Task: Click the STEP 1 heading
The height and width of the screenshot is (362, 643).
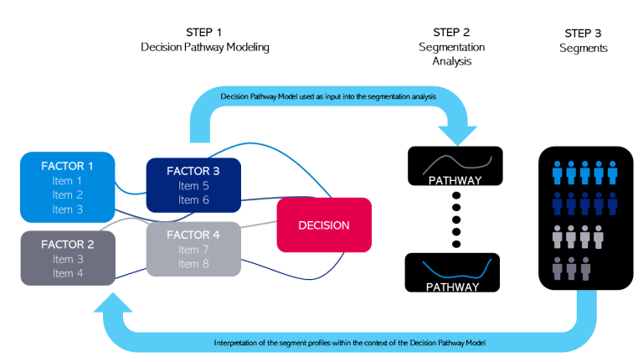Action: point(204,32)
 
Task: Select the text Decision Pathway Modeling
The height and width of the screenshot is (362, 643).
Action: point(204,48)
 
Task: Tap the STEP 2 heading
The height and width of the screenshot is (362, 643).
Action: point(453,32)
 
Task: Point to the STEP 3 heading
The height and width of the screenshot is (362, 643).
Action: point(584,33)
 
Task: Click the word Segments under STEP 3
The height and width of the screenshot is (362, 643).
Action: point(584,49)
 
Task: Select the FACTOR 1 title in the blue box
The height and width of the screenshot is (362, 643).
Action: point(67,166)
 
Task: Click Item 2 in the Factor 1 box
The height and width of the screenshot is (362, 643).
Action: point(67,194)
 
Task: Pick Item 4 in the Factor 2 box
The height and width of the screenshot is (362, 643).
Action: point(67,273)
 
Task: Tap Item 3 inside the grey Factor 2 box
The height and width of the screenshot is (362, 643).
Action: point(67,259)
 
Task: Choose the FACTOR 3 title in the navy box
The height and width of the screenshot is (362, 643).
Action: point(193,171)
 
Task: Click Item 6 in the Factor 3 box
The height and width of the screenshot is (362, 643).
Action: point(193,199)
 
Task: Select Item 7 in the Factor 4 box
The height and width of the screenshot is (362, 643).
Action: point(193,250)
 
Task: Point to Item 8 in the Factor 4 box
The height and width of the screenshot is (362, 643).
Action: point(193,264)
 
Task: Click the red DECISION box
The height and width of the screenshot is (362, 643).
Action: point(323,225)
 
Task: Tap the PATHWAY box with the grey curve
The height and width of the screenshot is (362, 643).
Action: point(455,165)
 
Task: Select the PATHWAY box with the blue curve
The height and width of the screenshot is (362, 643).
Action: point(454,272)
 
